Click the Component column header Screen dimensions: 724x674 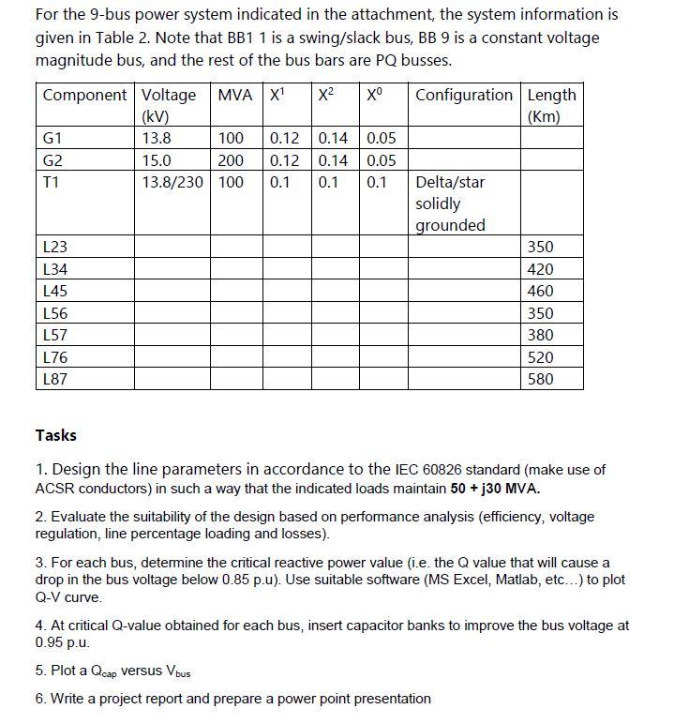[84, 96]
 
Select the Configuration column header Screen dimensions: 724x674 [463, 96]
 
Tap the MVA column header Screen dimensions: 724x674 [235, 96]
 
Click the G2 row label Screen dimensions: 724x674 [53, 159]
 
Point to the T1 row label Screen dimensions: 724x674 [52, 181]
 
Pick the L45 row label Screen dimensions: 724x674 [55, 292]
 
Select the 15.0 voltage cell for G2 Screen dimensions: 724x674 [156, 159]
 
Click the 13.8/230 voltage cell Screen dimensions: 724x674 [172, 181]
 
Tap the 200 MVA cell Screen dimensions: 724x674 [231, 159]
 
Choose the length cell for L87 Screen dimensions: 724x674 [541, 380]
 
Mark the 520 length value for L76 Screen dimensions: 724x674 [541, 357]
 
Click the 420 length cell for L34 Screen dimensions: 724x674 [541, 269]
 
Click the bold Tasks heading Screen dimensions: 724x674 [56, 435]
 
